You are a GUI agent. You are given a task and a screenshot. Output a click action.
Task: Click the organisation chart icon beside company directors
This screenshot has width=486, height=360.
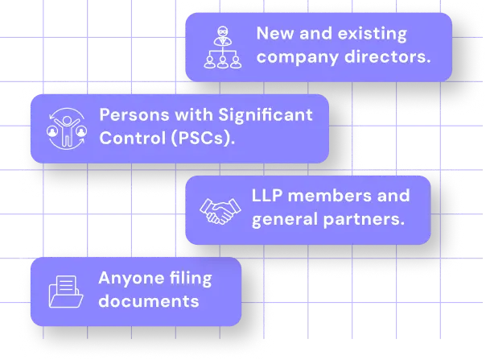pos(220,46)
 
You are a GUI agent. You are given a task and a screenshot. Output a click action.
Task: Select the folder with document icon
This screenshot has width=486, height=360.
pos(66,291)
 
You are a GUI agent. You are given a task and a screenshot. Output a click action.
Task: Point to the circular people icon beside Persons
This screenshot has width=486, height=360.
pos(66,126)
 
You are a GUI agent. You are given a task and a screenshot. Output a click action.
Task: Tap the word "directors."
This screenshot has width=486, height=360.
pos(389,57)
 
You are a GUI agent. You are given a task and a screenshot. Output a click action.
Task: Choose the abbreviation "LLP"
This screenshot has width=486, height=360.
pos(269,196)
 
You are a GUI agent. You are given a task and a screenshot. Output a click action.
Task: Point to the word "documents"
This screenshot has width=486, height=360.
pos(148,301)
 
